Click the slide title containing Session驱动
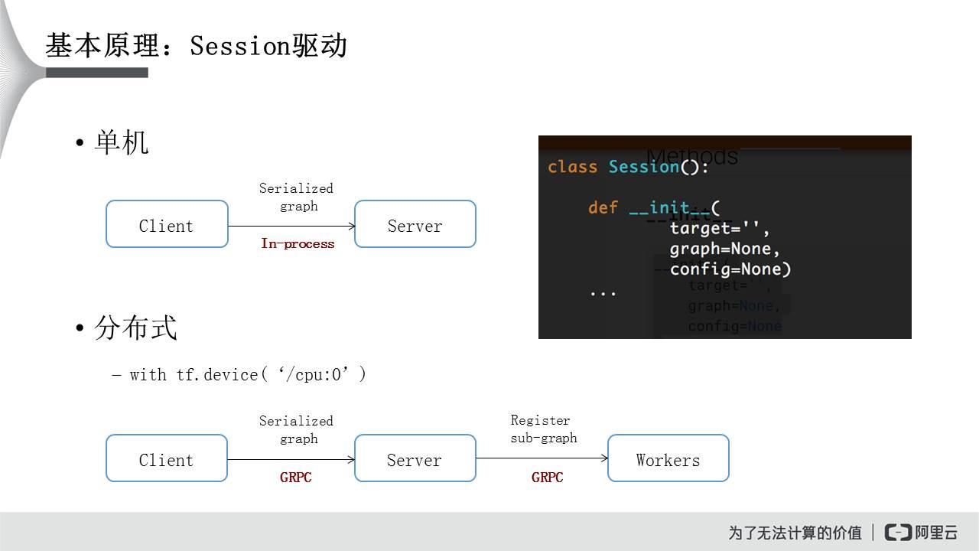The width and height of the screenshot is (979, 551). pos(197,46)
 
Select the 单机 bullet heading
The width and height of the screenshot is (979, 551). pos(121,143)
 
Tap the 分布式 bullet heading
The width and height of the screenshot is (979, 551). pos(135,328)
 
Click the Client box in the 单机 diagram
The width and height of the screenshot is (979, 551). pos(167,224)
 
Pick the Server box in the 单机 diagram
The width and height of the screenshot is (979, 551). pos(415,224)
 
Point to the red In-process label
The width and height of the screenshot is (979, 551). pos(298,244)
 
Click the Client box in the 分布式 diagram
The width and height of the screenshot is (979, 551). pos(167,458)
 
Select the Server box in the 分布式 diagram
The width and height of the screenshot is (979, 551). pos(415,458)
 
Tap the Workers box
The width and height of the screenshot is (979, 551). pos(668,458)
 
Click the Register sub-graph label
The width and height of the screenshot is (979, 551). pos(543,429)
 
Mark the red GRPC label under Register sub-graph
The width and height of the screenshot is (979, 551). pos(548,478)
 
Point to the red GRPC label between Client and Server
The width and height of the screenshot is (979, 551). pos(296,478)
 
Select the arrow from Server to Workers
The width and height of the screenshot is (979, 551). pos(542,458)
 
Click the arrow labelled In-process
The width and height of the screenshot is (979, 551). pos(291,226)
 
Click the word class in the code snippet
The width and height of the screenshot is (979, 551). pos(572,167)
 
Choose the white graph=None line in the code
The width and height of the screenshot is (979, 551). pos(724,249)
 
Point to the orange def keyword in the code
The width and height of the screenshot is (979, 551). pos(603,207)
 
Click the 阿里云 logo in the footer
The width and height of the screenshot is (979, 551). pos(921,532)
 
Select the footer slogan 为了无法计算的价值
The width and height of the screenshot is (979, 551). pos(795,533)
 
